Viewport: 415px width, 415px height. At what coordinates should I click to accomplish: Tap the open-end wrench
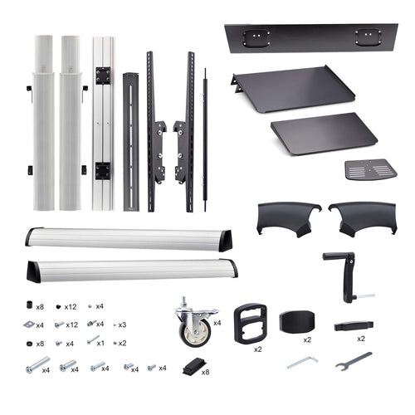[353, 359]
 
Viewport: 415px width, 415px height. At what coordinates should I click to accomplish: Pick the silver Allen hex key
[302, 362]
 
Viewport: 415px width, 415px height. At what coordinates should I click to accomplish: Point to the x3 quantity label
[122, 325]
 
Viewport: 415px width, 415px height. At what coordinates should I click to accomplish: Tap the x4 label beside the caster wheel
[217, 323]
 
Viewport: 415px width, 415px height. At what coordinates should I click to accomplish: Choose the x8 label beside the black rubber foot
[205, 373]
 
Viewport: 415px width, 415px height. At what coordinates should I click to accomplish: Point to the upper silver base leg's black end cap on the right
[225, 241]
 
